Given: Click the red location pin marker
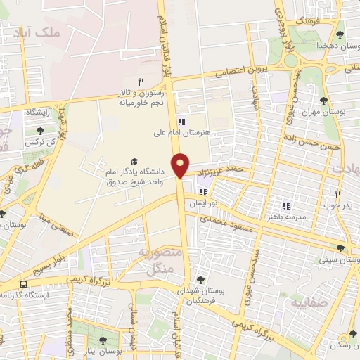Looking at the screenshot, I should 181,165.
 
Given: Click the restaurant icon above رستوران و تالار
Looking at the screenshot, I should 141,82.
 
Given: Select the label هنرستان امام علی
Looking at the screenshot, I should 186,131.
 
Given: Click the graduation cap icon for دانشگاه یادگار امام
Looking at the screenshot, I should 134,161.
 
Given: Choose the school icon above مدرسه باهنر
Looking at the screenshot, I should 286,206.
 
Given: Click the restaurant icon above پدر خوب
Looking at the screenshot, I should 337,195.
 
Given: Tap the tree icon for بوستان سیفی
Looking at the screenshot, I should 341,248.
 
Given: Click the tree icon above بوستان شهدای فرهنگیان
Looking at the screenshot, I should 200,280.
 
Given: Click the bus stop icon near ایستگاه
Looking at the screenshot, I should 24,284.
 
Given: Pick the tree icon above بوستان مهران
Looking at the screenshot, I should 325,99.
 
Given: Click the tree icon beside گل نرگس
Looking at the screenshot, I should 39,130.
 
